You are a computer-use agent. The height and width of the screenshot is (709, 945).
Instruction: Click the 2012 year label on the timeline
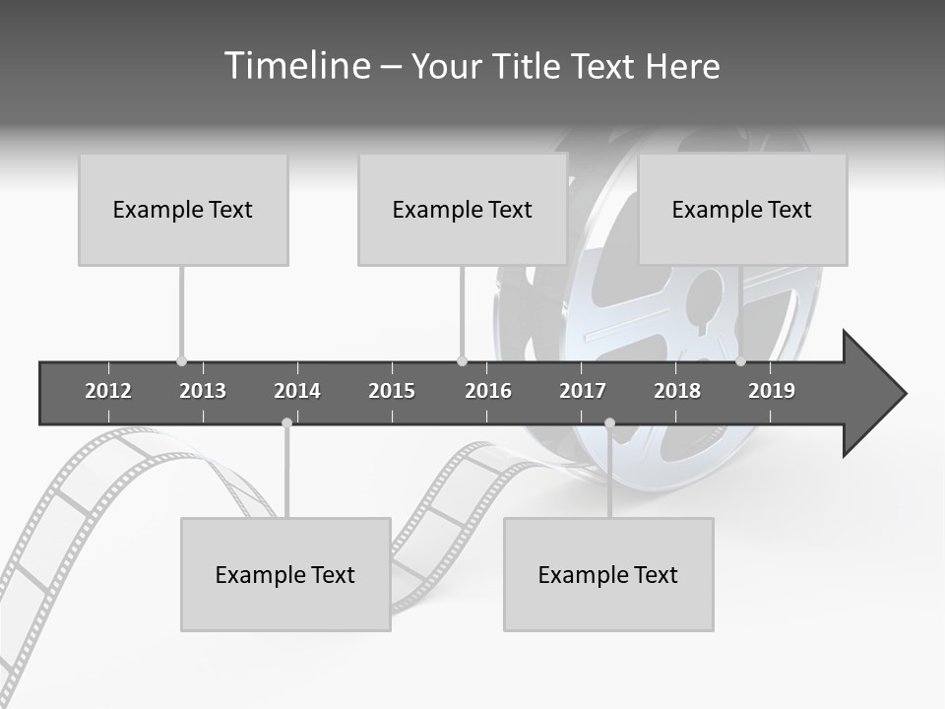coord(108,391)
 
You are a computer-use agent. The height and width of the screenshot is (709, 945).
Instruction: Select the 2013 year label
coord(203,391)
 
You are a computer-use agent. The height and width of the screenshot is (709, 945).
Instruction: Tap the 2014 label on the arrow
coord(297,391)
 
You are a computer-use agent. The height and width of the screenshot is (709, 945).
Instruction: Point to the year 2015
coord(392,391)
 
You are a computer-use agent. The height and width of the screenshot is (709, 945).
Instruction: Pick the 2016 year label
coord(488,391)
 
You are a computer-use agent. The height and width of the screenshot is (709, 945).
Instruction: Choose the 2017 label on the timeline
coord(583,391)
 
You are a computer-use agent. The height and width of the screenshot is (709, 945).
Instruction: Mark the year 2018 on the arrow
coord(677,391)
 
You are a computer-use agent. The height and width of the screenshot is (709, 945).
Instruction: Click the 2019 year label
coord(772,391)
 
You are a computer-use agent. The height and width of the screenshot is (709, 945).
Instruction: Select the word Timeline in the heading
coord(294,66)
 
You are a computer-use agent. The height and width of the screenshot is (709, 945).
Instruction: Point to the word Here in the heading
coord(682,66)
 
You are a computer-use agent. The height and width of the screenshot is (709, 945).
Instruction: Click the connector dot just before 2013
coord(181,361)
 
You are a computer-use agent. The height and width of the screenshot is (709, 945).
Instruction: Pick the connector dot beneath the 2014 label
coord(286,423)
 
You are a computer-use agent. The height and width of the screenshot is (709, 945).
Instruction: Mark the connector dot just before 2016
coord(462,361)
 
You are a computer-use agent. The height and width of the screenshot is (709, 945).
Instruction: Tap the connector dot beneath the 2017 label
coord(609,423)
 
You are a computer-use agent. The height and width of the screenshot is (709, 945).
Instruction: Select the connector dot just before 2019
coord(740,361)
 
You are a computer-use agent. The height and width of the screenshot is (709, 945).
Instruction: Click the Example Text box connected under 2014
coord(285,574)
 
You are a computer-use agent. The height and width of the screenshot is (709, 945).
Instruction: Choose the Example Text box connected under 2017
coord(608,574)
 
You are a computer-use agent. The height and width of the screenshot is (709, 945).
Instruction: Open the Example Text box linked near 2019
coord(742,209)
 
